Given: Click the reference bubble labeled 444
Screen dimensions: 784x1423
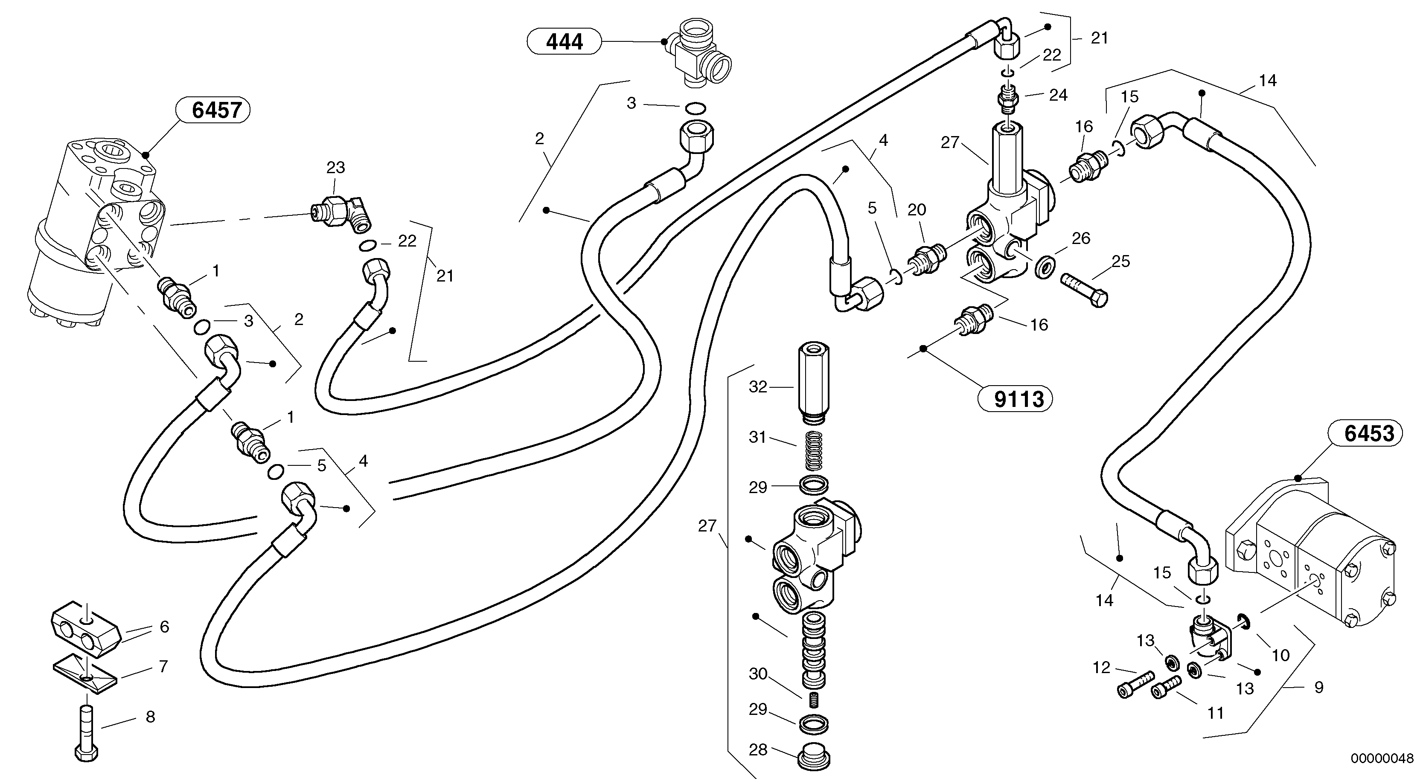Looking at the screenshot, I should [x=564, y=41].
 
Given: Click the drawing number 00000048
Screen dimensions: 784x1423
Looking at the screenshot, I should [x=1382, y=758].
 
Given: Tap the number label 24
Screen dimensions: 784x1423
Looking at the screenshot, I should [x=1058, y=95].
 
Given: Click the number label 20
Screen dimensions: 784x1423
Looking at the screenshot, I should [x=917, y=210].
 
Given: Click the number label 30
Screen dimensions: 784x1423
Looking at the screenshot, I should [x=758, y=674].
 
